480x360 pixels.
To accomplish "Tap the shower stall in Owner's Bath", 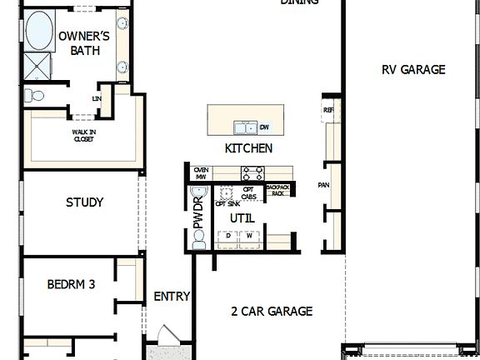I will (x=37, y=66).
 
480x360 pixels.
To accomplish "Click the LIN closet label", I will (x=97, y=98).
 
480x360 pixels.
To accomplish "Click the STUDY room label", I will (x=84, y=202).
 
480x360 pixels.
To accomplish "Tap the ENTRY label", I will (x=172, y=296).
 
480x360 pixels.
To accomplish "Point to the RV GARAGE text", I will (x=413, y=70).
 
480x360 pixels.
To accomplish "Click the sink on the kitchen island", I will (x=245, y=127).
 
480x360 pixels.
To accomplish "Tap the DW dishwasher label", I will (x=264, y=127).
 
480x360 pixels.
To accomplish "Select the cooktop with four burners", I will (x=252, y=173).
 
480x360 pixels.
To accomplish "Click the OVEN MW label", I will (x=200, y=173).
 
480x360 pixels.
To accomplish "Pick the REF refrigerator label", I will (x=327, y=110).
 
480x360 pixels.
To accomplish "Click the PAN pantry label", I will (x=325, y=185).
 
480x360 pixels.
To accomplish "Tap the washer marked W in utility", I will (x=248, y=237).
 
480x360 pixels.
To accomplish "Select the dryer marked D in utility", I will (x=227, y=237).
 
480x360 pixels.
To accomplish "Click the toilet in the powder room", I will (x=198, y=240).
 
